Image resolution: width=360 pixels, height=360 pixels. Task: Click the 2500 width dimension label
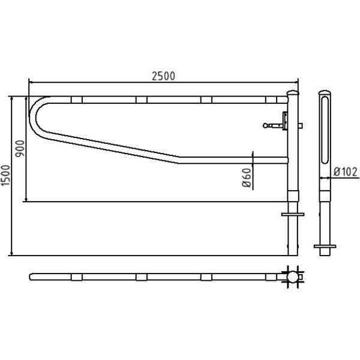pos(163,76)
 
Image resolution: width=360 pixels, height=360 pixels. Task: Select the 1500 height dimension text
pos(5,176)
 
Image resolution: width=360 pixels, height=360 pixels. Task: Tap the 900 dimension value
pos(20,149)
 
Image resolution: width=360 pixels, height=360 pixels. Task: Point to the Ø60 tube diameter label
pos(247,178)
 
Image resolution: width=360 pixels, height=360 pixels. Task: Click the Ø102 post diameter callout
pos(346,172)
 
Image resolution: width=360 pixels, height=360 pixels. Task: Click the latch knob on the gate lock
pos(265,125)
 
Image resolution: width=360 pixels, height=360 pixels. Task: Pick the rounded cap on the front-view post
pos(293,93)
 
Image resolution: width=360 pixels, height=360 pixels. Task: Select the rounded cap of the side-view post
pos(325,92)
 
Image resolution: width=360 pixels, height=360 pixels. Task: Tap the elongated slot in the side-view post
pos(325,130)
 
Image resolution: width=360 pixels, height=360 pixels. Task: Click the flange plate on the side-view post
pos(325,247)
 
